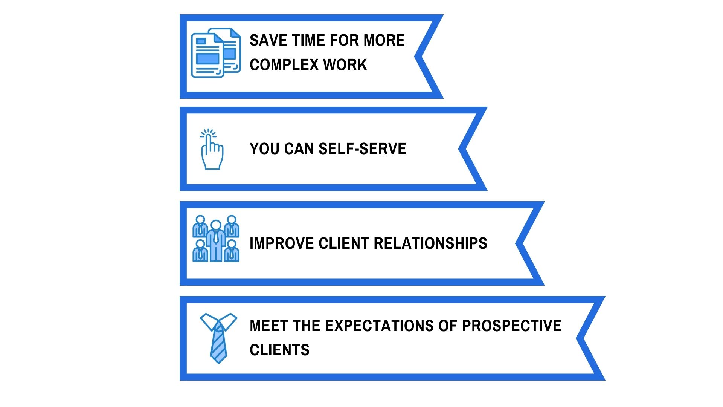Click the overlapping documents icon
pos(216,53)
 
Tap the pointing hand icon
pos(212,149)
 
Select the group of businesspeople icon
pos(216,239)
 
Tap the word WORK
pos(345,65)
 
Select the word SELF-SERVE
pos(362,149)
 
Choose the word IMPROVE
pos(282,243)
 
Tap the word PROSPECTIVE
pos(512,326)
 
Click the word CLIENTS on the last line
pos(279,350)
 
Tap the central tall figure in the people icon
pos(216,241)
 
